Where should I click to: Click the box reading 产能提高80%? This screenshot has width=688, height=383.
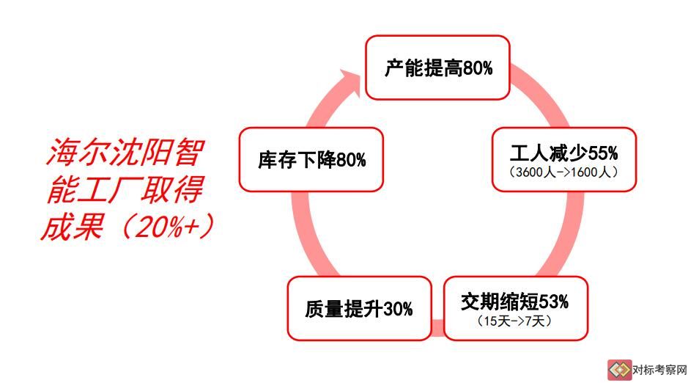click(x=437, y=68)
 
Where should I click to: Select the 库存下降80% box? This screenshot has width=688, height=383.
click(x=311, y=159)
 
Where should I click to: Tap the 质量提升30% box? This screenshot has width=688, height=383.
click(x=359, y=308)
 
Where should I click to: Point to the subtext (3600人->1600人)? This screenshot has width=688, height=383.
click(x=564, y=172)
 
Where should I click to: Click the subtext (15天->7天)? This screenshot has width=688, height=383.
click(x=514, y=321)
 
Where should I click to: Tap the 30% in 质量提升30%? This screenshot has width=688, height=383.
click(x=399, y=309)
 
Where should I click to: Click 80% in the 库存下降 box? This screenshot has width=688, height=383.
click(x=352, y=160)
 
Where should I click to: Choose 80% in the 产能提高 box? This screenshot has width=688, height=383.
click(x=478, y=68)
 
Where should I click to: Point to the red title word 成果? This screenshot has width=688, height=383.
click(x=73, y=226)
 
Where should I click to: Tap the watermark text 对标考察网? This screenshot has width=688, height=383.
click(x=659, y=370)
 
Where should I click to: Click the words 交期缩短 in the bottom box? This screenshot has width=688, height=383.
click(x=500, y=302)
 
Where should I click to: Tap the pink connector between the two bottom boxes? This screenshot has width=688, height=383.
click(x=438, y=328)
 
